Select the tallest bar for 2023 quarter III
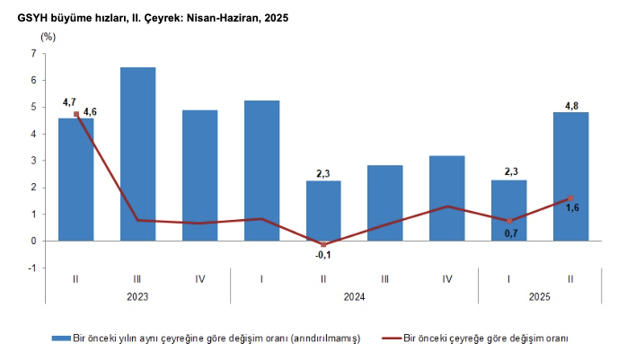tap(137, 154)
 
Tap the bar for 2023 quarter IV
tap(199, 175)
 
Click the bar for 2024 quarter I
tap(261, 171)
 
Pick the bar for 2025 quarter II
tap(570, 176)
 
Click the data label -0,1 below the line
tap(323, 255)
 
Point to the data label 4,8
tap(571, 105)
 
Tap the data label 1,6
tap(571, 209)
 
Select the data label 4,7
tap(68, 104)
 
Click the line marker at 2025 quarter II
tap(570, 198)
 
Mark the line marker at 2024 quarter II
tap(323, 244)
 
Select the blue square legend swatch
tap(61, 338)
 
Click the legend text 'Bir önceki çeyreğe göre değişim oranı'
tap(486, 338)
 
